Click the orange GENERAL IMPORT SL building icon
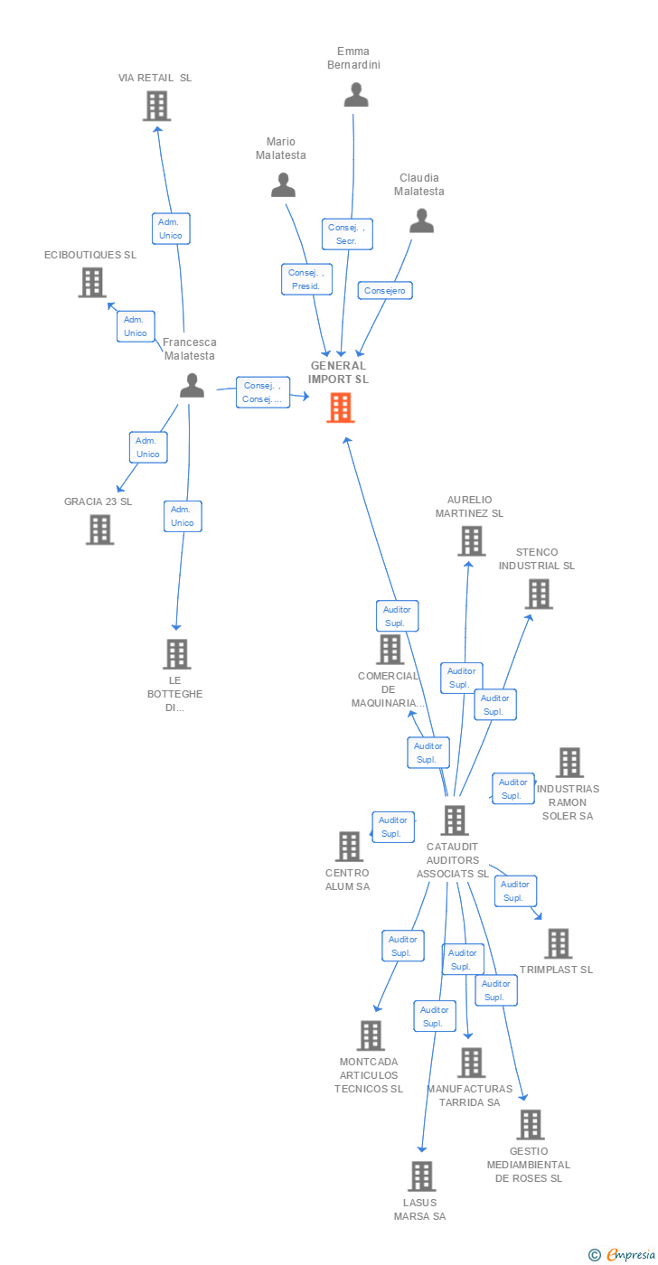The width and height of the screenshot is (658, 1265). pyautogui.click(x=341, y=408)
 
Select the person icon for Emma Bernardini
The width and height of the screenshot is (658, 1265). pyautogui.click(x=356, y=94)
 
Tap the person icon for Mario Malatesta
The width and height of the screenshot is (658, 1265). pyautogui.click(x=284, y=184)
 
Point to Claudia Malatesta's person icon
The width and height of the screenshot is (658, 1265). pyautogui.click(x=422, y=220)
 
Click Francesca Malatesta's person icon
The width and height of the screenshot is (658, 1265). pyautogui.click(x=192, y=385)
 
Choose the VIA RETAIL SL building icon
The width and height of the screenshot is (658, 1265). pyautogui.click(x=157, y=107)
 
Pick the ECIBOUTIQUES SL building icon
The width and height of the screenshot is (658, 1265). pyautogui.click(x=92, y=282)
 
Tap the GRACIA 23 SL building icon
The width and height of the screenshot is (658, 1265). pyautogui.click(x=100, y=529)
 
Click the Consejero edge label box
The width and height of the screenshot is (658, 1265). pyautogui.click(x=385, y=290)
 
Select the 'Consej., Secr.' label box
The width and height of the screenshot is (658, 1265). pyautogui.click(x=347, y=234)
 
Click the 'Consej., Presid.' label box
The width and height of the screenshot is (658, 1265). pyautogui.click(x=306, y=279)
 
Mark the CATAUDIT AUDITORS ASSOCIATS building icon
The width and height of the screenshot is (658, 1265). pyautogui.click(x=455, y=820)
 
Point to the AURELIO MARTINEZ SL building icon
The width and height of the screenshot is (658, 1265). pyautogui.click(x=472, y=541)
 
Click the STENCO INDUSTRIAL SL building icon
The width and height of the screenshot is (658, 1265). pyautogui.click(x=539, y=595)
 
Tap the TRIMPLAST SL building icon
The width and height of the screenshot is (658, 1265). pyautogui.click(x=559, y=943)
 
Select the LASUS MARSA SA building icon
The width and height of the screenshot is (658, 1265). pyautogui.click(x=422, y=1176)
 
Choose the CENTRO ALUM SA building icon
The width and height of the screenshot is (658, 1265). pyautogui.click(x=349, y=846)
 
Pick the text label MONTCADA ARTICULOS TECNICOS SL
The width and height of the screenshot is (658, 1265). pyautogui.click(x=369, y=1075)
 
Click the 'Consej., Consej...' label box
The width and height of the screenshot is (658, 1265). pyautogui.click(x=263, y=392)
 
